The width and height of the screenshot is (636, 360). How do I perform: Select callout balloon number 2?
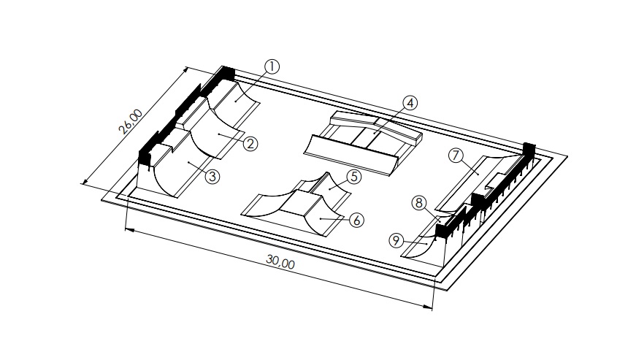pos(249,144)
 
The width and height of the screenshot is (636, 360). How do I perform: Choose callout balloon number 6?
pos(356,219)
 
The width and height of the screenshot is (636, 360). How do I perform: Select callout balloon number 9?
pos(395,240)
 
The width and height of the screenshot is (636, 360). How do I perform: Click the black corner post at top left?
pos(227,72)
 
